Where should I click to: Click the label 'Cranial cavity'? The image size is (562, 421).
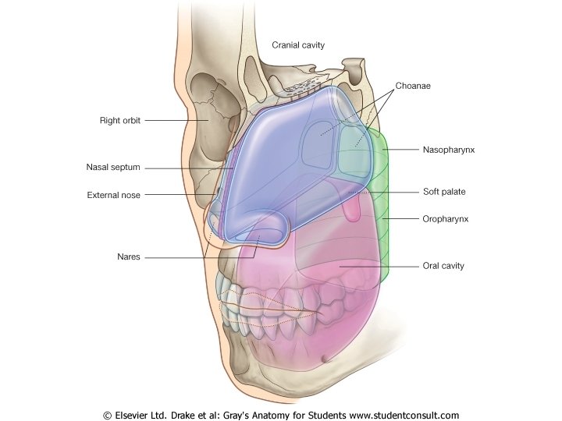[297, 45]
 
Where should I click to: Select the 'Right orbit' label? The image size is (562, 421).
[119, 121]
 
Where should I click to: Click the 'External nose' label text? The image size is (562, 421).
[113, 196]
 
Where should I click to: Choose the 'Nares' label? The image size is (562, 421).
[129, 257]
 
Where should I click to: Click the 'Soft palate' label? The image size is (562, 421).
[444, 191]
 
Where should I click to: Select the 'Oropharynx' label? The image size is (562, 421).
[444, 220]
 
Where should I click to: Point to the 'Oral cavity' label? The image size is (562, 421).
[443, 266]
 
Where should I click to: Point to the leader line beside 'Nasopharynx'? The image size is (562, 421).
[401, 149]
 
